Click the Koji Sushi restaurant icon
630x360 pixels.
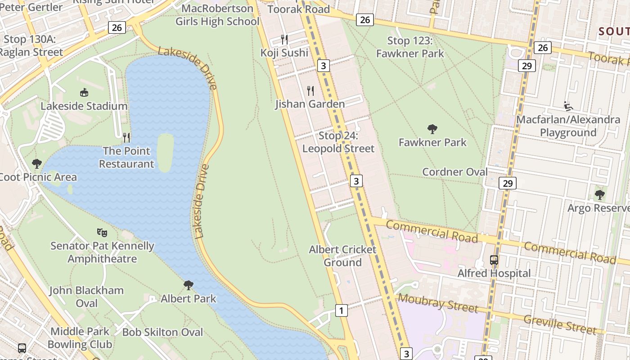[x=284, y=40]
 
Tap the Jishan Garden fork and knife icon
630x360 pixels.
[x=310, y=91]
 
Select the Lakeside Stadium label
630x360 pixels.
[x=84, y=106]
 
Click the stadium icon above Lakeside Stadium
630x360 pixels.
[x=84, y=93]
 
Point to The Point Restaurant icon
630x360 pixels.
[x=126, y=137]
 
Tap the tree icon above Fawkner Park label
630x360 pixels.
[x=432, y=130]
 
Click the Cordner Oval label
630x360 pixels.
[x=454, y=172]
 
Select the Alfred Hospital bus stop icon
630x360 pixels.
[x=494, y=260]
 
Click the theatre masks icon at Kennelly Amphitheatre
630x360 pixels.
[x=102, y=233]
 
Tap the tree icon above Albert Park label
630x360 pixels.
[x=189, y=285]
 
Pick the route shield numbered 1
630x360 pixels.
[x=342, y=310]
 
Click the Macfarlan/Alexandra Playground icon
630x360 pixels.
[x=568, y=107]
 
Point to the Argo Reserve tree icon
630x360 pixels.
[x=599, y=195]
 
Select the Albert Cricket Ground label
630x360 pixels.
[x=342, y=256]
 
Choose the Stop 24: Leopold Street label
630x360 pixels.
[x=338, y=142]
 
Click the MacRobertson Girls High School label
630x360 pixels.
[x=217, y=15]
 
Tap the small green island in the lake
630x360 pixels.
[x=165, y=152]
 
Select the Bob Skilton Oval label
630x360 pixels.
[x=162, y=332]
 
